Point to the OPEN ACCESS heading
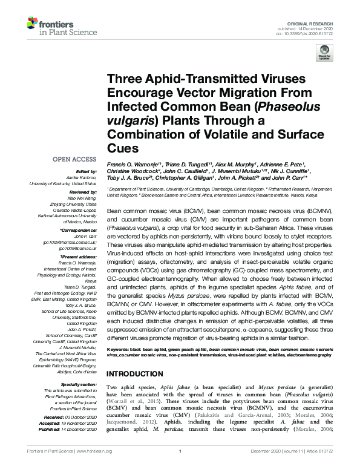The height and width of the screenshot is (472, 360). pos(74,159)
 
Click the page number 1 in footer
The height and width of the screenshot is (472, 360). pos(180,467)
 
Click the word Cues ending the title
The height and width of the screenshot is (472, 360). pos(123,148)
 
